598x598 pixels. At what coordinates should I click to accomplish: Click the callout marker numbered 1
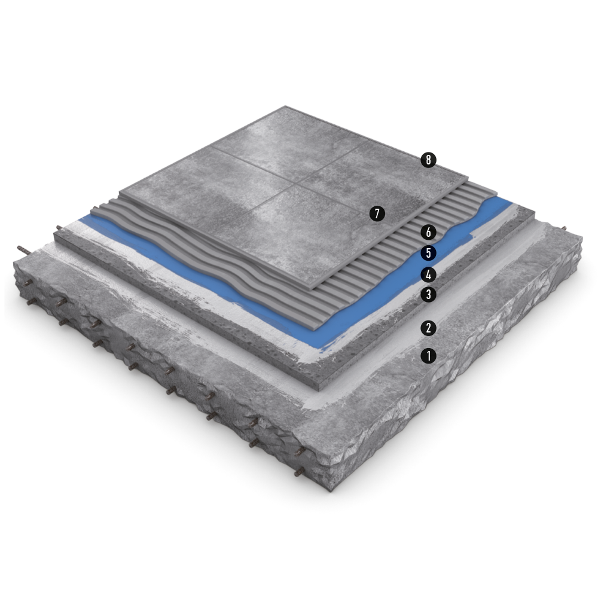point(428,356)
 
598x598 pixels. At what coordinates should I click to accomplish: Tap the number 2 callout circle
point(428,328)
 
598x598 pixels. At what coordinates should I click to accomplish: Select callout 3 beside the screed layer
point(428,294)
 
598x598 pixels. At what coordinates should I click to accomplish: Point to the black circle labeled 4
point(428,274)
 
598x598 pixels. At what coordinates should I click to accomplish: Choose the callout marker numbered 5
point(428,253)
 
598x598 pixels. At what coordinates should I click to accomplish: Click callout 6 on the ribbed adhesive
point(428,232)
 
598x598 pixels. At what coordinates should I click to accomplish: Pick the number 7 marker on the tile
point(377,213)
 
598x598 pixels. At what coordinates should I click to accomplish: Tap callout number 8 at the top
point(428,160)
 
